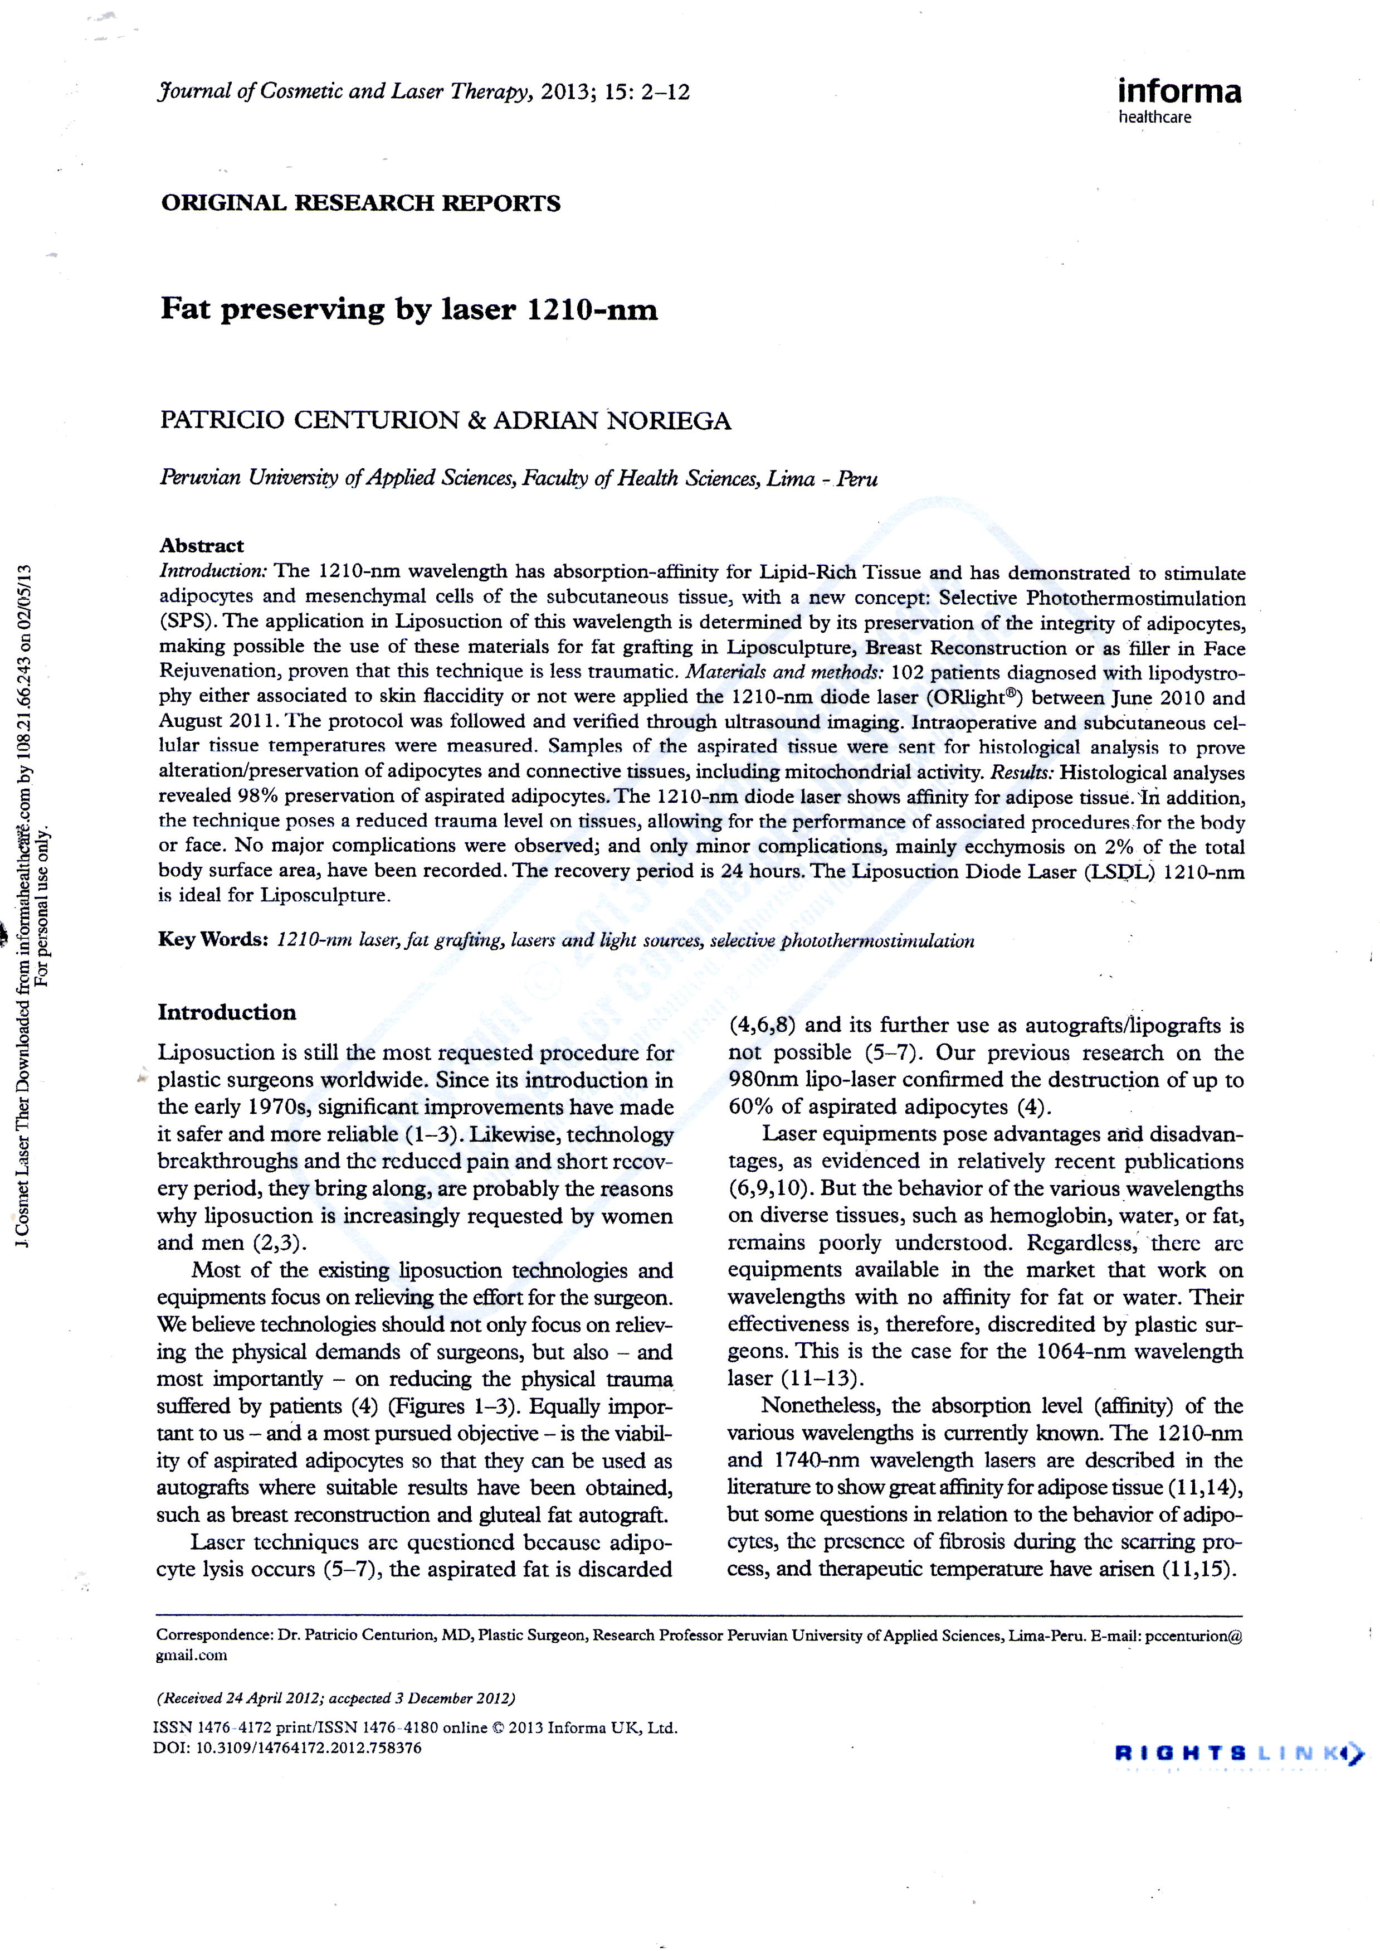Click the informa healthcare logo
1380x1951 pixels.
1179,99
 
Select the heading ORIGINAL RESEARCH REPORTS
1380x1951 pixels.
360,203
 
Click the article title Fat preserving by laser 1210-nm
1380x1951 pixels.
409,309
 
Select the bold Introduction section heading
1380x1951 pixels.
227,1012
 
